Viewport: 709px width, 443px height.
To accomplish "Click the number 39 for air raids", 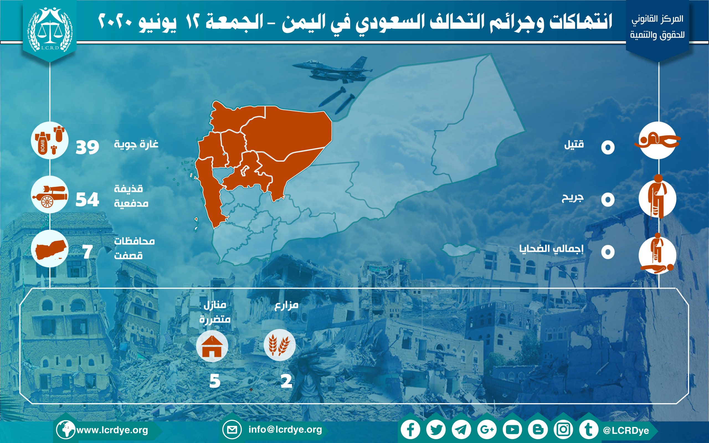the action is click(87, 147).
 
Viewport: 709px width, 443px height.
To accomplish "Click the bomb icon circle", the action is click(50, 140).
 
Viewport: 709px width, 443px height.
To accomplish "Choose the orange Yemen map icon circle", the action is click(50, 248).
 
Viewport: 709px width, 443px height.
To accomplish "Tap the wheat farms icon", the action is click(280, 345).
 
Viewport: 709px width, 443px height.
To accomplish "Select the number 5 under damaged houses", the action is click(215, 381).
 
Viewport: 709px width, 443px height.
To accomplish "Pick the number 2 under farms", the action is click(287, 381).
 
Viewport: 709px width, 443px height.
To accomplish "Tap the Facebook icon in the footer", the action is click(410, 430).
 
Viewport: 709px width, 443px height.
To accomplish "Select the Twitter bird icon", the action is click(436, 430).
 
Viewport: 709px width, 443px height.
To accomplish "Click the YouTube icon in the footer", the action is click(512, 430).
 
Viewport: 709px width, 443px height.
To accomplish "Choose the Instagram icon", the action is click(563, 430).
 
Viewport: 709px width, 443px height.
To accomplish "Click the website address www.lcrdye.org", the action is click(112, 430).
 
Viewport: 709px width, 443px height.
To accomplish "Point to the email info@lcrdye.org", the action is click(285, 429).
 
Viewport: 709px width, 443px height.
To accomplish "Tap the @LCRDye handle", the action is click(626, 430).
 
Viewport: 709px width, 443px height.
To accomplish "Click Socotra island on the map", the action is click(459, 250).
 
